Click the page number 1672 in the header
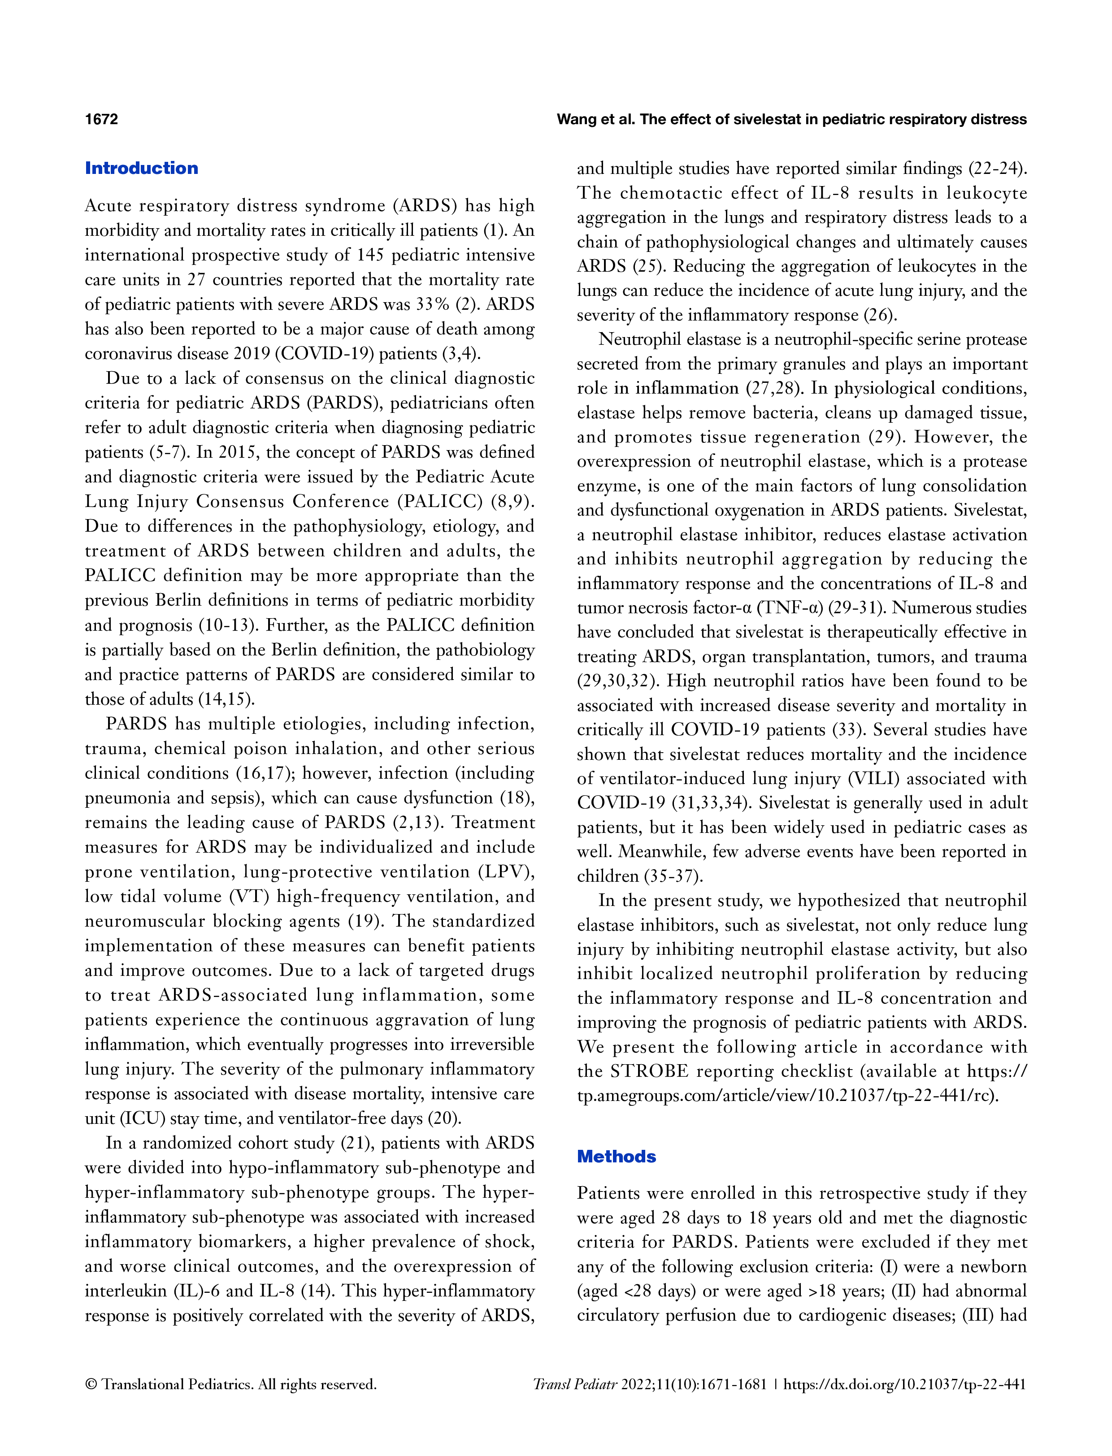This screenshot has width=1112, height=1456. (101, 119)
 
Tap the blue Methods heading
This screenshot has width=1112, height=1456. (616, 1156)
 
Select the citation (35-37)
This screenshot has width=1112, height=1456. (673, 877)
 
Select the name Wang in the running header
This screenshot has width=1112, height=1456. (574, 119)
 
